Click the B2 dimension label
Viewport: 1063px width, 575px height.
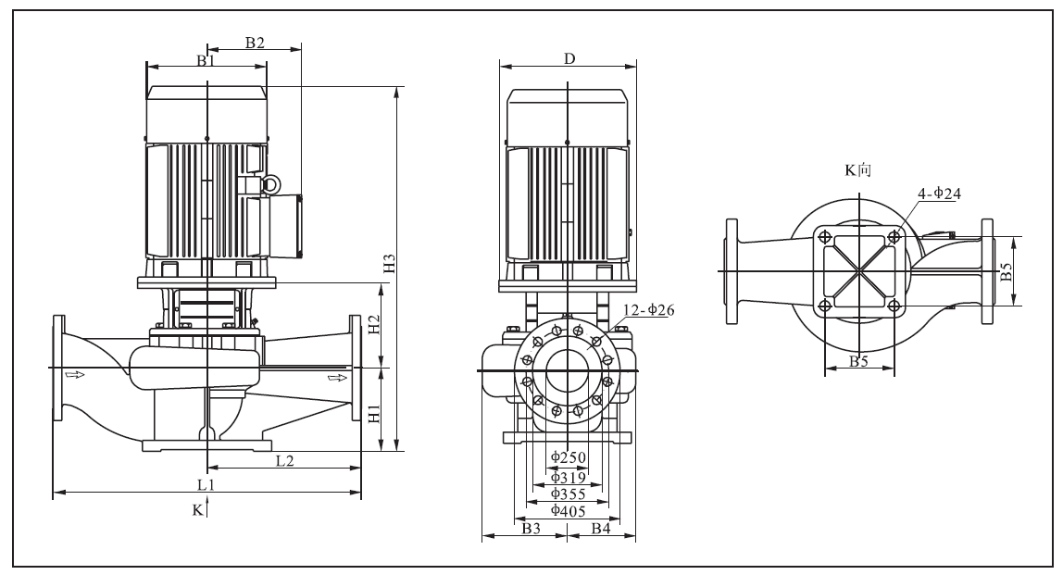point(255,42)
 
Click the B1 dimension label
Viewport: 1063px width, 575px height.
point(206,60)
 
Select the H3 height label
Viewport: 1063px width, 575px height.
point(389,264)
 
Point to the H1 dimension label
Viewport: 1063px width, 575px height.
point(374,413)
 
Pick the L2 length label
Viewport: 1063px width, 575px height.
point(285,460)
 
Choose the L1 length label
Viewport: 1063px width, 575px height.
point(206,484)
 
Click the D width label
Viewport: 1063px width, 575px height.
point(569,59)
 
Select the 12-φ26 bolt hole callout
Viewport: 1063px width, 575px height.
point(649,310)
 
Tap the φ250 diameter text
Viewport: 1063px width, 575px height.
point(569,457)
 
